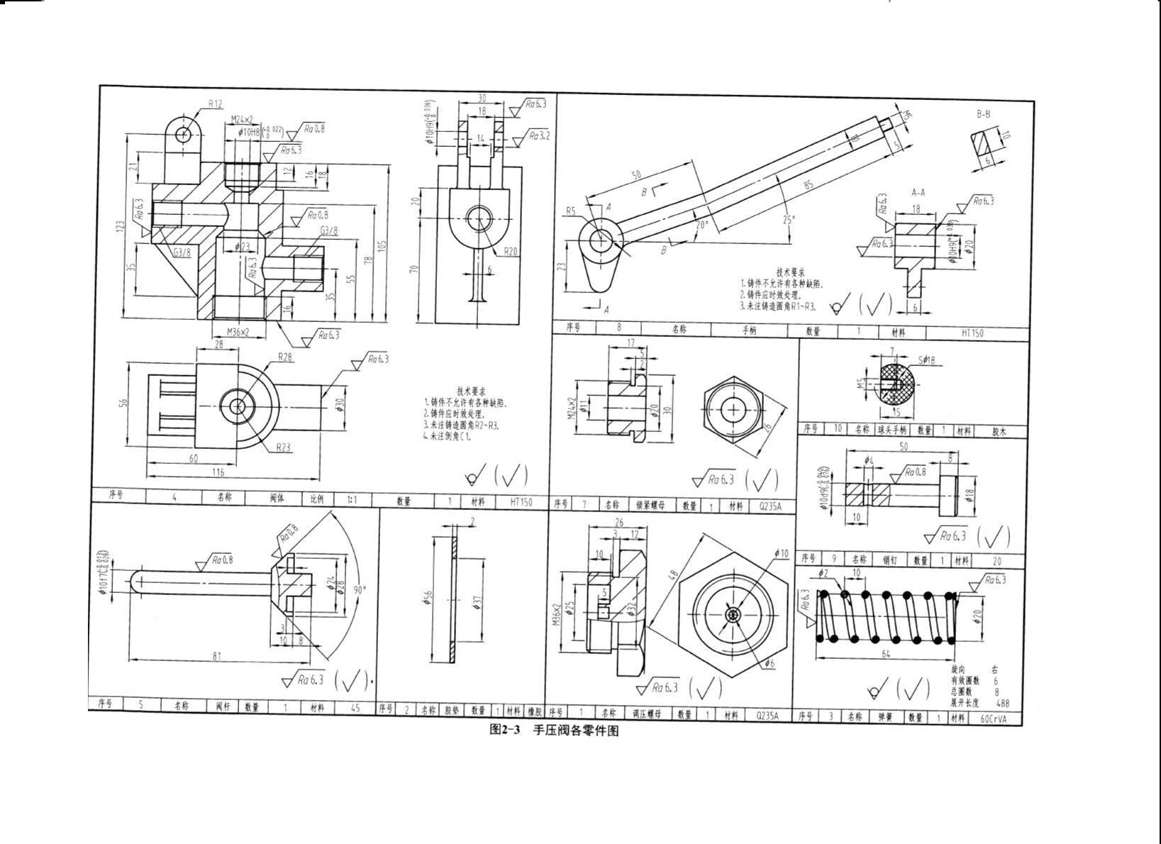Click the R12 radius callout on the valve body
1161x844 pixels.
[x=215, y=104]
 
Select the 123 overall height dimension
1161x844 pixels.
[x=121, y=226]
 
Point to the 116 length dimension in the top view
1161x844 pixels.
[x=218, y=472]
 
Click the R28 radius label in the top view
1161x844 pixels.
[x=285, y=357]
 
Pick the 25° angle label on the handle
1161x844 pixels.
[x=789, y=220]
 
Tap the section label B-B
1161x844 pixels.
[x=984, y=113]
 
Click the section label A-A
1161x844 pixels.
[x=918, y=192]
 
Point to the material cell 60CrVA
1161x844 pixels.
[x=992, y=718]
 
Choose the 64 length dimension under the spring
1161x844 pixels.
[x=885, y=654]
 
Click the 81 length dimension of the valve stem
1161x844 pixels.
[x=217, y=656]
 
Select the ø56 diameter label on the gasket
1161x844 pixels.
[x=428, y=599]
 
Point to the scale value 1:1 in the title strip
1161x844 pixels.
[x=352, y=500]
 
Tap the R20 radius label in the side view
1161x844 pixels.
[x=511, y=252]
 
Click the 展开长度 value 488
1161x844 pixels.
[x=1002, y=704]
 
